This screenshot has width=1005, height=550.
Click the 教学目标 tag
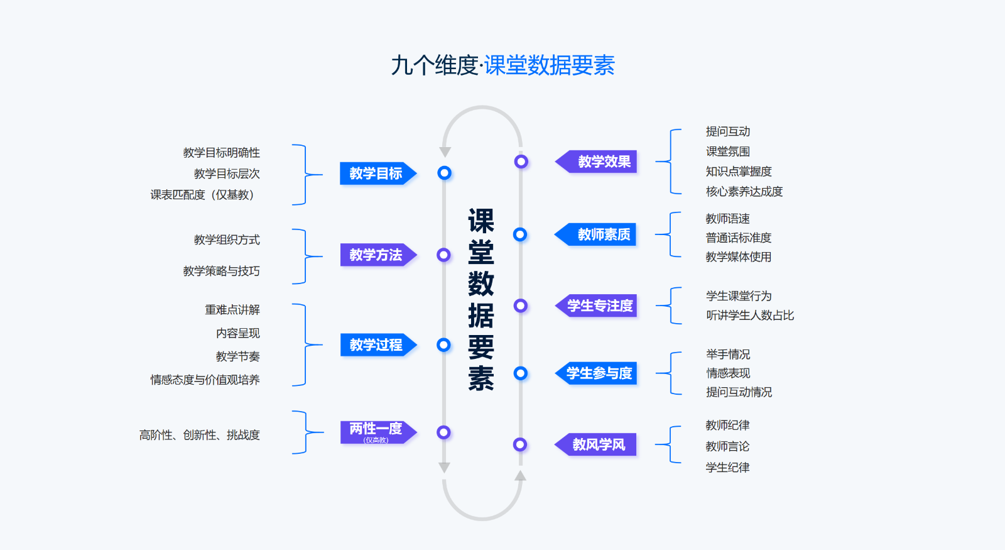click(376, 173)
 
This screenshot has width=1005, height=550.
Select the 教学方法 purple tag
click(376, 255)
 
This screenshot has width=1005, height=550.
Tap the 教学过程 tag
click(376, 344)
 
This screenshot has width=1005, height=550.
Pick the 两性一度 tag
click(376, 432)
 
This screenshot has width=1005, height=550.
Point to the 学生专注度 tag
click(600, 305)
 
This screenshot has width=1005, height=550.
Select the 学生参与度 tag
click(600, 373)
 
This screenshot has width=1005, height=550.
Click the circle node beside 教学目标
click(445, 173)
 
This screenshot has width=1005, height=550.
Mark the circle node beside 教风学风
click(520, 444)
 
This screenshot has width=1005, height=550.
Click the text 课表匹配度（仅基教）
click(202, 195)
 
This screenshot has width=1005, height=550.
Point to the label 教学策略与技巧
click(221, 271)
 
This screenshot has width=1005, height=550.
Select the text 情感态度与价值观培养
click(205, 380)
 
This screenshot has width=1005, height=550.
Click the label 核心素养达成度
click(744, 192)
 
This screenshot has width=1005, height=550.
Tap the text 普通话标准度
click(738, 238)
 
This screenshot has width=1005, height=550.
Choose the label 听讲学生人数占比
click(750, 316)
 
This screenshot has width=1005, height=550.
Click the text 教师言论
click(727, 446)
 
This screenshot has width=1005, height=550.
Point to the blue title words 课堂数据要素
click(550, 65)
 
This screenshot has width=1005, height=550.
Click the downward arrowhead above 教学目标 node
click(445, 152)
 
